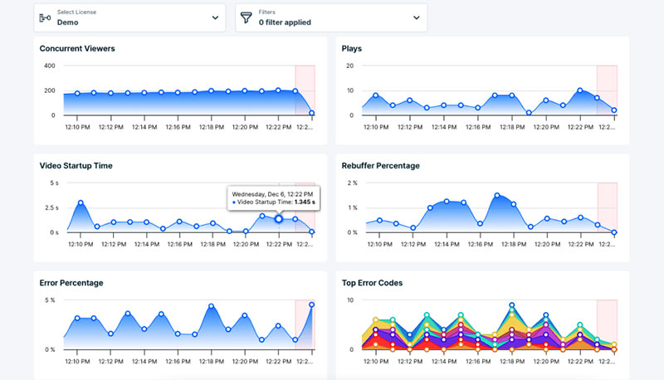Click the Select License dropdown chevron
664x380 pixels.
pos(216,17)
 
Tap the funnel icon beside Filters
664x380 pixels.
pos(246,17)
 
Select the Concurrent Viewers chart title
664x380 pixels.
pos(77,49)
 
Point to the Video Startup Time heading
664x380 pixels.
pos(76,166)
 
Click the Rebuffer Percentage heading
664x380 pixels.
pos(381,166)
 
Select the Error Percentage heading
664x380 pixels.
pos(71,283)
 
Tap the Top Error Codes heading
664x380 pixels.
pos(373,283)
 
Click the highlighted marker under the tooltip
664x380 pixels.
pos(279,219)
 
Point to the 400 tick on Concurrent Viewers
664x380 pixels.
pos(49,66)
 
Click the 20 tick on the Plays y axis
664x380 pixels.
pos(349,66)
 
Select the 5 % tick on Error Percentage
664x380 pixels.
pos(49,300)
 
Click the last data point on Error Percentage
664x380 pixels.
pos(312,304)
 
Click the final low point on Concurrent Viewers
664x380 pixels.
pos(312,113)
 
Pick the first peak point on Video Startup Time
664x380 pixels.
pos(81,202)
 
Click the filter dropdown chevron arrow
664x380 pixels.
pos(417,17)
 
